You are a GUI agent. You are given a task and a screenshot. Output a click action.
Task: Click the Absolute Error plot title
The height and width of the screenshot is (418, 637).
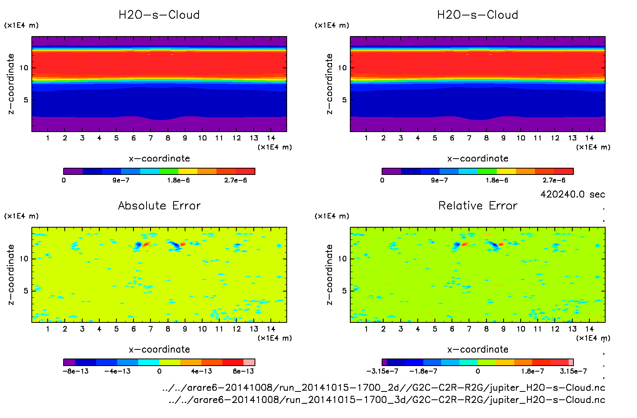(159, 205)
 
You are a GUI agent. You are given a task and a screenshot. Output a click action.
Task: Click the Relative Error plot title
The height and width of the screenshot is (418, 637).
(478, 205)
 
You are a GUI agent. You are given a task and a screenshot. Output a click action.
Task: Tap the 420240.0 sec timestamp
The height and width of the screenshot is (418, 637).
(572, 194)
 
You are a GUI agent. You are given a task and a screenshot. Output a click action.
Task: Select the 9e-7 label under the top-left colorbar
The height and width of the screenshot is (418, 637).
(121, 180)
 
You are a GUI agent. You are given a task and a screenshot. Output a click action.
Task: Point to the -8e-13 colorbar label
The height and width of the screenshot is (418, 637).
(75, 371)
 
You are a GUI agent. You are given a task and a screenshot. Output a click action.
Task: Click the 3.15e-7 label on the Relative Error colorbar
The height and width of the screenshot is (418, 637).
(573, 371)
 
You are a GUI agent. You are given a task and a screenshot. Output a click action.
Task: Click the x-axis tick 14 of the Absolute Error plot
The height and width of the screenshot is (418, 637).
(271, 329)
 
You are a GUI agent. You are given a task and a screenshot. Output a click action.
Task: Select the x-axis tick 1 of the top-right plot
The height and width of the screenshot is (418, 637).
(366, 138)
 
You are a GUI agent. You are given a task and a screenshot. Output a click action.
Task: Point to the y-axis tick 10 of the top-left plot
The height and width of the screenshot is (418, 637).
(24, 68)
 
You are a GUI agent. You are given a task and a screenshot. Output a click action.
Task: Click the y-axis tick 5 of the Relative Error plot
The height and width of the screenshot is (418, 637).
(344, 291)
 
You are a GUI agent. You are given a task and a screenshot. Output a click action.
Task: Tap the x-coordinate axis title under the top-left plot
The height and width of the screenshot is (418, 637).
(159, 159)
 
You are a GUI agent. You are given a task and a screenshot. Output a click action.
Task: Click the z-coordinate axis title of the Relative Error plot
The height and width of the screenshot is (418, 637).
(329, 274)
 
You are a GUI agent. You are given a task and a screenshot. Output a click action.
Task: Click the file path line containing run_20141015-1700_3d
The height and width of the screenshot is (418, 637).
(387, 400)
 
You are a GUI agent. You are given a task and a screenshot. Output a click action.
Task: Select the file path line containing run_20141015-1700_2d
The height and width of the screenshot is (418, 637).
(384, 387)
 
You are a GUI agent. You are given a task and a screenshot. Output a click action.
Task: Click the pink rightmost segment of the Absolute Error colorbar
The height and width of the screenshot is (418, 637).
(249, 362)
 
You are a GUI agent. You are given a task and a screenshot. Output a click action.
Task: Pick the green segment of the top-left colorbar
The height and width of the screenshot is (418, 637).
(169, 171)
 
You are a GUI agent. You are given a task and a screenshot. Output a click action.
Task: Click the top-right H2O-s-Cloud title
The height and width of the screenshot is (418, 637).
(477, 15)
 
